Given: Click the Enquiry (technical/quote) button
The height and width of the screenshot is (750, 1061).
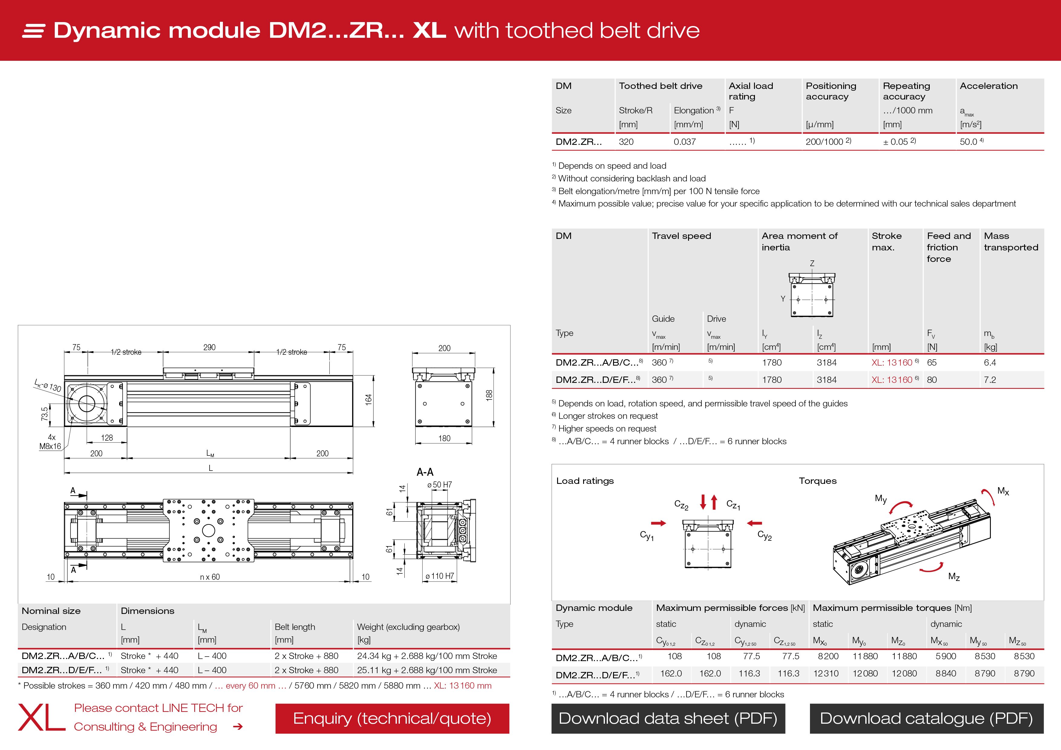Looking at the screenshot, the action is coord(392,719).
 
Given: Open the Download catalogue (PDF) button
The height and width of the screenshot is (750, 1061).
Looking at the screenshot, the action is coord(926,719).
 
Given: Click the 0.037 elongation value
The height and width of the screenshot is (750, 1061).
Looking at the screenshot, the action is coord(684,142).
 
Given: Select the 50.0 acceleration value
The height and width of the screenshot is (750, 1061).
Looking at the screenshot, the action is coord(968,142).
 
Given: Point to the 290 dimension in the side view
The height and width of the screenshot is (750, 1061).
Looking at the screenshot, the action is coord(209,347).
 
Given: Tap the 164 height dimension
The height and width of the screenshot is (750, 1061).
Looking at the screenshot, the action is coord(368,400).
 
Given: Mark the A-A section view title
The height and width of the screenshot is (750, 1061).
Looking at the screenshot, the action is coord(425,472).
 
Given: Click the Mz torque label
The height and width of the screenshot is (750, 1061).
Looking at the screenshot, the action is coord(954,577).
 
